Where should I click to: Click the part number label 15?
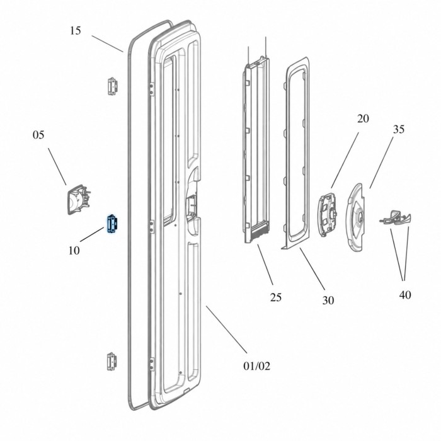(x=76, y=31)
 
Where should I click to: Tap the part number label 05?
(x=38, y=135)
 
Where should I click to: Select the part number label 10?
(x=74, y=250)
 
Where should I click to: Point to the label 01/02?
(x=256, y=366)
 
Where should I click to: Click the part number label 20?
(x=363, y=118)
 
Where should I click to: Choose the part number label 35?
(x=399, y=129)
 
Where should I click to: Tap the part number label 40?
(x=405, y=295)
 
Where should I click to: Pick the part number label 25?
(x=276, y=297)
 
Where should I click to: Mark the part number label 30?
(x=328, y=301)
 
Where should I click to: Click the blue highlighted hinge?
(x=112, y=224)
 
